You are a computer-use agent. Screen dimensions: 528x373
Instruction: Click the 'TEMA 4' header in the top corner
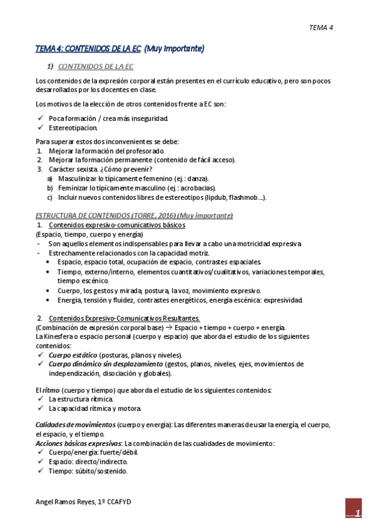[321, 27]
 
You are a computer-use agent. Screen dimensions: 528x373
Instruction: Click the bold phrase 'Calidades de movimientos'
[75, 425]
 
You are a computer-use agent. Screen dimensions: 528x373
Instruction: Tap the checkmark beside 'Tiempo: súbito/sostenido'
[40, 471]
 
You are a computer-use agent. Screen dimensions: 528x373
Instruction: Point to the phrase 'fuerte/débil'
[117, 453]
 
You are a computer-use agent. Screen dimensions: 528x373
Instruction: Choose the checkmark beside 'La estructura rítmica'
[40, 399]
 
